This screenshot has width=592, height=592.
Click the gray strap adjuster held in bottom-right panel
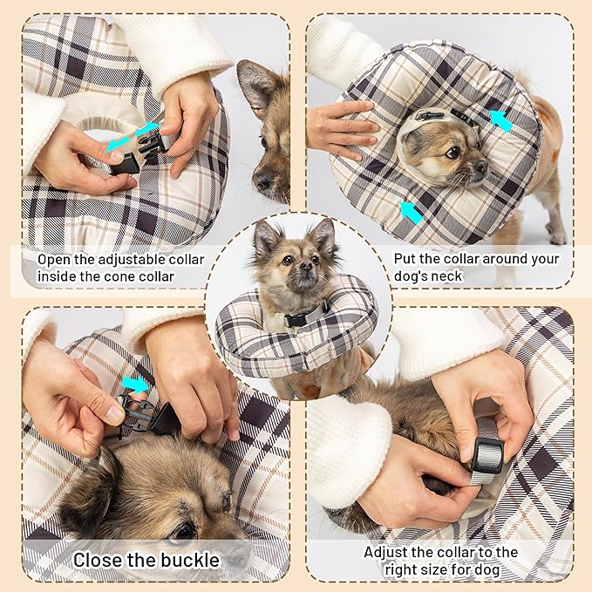tap(487, 453)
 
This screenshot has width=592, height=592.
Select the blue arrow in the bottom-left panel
tap(136, 384)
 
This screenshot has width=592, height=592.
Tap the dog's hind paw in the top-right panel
tap(557, 236)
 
